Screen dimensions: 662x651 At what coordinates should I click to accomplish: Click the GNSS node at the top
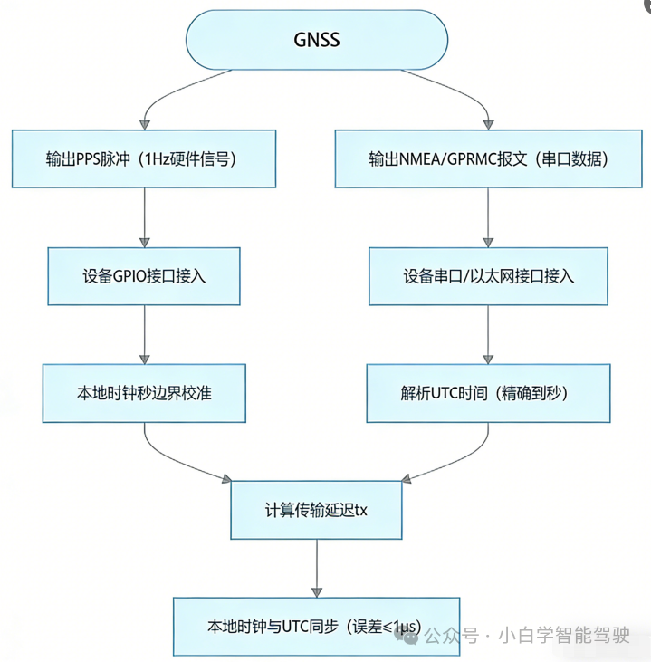316,41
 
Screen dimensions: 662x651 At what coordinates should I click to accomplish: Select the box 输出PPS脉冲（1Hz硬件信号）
145,158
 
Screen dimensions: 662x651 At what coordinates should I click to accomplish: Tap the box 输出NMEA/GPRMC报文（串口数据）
488,158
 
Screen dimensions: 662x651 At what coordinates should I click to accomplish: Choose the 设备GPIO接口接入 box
145,276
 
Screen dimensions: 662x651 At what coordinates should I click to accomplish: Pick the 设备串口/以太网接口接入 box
488,276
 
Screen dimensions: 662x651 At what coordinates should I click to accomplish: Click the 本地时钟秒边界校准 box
145,393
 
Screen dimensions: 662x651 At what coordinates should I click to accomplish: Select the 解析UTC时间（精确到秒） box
488,393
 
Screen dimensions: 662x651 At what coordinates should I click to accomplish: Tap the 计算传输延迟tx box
316,511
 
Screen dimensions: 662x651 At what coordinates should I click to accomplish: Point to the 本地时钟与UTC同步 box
316,626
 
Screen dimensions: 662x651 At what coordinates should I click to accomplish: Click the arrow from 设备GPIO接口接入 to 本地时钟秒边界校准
145,334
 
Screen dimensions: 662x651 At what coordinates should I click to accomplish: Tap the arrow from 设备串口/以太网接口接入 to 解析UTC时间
488,334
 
